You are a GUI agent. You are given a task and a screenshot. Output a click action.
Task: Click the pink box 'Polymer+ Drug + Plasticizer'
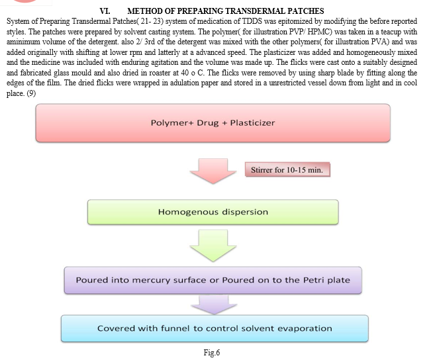[213, 123]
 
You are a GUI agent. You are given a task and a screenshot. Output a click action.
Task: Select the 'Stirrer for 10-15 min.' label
[287, 169]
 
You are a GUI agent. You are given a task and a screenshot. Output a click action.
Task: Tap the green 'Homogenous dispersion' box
[213, 212]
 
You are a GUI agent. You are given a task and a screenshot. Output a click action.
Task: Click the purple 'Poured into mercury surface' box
[213, 280]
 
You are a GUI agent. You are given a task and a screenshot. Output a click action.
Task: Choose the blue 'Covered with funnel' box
[215, 328]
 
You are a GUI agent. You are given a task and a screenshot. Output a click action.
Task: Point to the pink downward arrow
[213, 171]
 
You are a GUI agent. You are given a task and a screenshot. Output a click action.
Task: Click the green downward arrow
[213, 246]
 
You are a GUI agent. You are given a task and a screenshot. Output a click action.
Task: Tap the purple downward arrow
[214, 304]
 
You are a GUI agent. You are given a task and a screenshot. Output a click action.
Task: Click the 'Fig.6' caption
[212, 353]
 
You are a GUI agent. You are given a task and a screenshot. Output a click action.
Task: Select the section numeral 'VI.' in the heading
[105, 11]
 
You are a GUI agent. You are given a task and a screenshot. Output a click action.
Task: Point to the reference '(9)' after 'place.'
[31, 93]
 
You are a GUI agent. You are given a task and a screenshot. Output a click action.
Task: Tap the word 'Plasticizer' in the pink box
[252, 123]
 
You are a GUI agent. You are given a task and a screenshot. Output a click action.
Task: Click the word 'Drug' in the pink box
[207, 123]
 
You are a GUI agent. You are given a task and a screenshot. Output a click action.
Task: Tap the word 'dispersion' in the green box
[245, 212]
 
